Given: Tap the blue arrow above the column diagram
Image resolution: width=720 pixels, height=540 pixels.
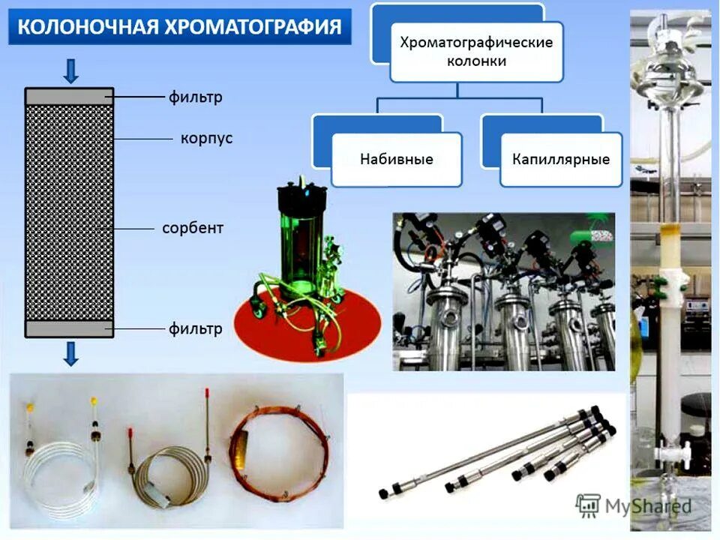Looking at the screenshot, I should [x=71, y=70].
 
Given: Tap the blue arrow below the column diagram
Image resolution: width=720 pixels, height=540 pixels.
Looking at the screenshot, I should [x=71, y=352].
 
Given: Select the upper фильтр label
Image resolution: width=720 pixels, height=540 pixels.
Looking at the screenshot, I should [x=195, y=97].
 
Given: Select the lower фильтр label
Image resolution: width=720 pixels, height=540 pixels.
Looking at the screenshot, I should [x=195, y=328].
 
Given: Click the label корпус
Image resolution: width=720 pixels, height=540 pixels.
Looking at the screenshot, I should [x=205, y=139].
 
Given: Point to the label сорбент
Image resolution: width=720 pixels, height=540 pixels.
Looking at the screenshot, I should [x=193, y=227].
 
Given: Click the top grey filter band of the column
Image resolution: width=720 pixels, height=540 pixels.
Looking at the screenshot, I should [x=69, y=97].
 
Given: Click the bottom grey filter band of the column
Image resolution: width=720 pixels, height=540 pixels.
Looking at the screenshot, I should [x=69, y=328].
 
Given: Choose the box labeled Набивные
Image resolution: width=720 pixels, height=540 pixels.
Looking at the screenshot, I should [x=396, y=159].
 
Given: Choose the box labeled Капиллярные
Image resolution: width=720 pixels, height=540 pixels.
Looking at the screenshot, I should [x=560, y=159].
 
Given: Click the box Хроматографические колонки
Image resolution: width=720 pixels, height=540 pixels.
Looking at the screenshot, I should [x=476, y=52].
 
